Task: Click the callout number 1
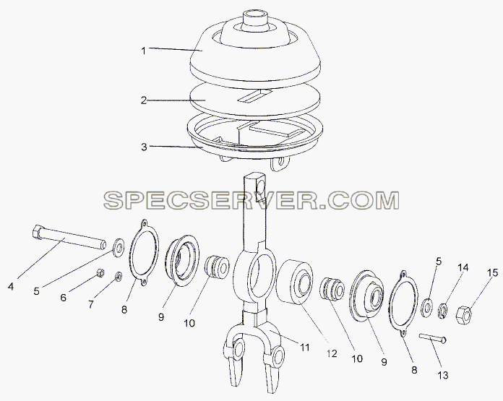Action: [x=144, y=51]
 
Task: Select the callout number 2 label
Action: [x=144, y=100]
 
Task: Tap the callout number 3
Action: [x=144, y=147]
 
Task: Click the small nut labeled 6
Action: [x=100, y=273]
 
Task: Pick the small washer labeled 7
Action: [x=119, y=276]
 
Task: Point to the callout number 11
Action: [x=304, y=347]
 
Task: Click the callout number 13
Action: [x=443, y=375]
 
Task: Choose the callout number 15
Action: [x=493, y=273]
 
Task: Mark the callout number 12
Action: [x=332, y=353]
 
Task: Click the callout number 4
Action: [x=11, y=286]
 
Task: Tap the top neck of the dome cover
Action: [x=254, y=20]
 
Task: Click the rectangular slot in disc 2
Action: [x=254, y=96]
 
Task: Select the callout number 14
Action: [x=463, y=267]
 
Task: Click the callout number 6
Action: [x=64, y=298]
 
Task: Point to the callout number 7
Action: [x=91, y=304]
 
